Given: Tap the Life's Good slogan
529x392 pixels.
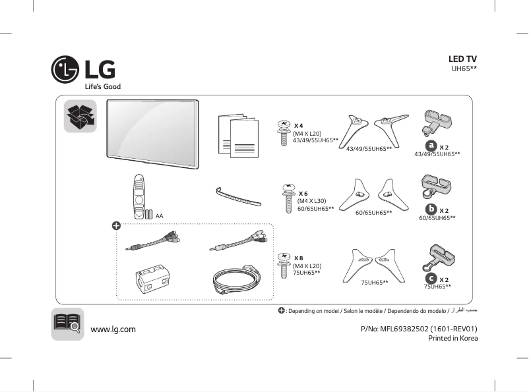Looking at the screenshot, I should [102, 87].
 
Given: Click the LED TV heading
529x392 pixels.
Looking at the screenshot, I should [462, 59].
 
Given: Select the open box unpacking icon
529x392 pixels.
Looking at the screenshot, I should [80, 116].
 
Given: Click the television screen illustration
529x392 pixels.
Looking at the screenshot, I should [152, 130].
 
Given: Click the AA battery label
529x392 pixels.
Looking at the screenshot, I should [159, 215].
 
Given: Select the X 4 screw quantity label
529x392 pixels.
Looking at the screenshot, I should [299, 125].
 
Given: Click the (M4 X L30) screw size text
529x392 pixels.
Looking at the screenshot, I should [312, 200].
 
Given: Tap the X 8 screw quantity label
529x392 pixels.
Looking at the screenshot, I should [299, 258].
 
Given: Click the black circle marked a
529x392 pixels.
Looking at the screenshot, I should [431, 145].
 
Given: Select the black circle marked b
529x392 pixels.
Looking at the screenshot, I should [431, 209].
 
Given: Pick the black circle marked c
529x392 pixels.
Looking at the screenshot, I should [431, 279].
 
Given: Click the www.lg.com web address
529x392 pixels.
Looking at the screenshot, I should [113, 329].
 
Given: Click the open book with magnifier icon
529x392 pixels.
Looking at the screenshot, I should [67, 324].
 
